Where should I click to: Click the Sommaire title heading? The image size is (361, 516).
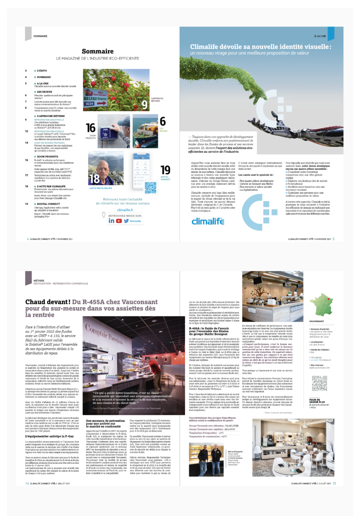click(x=98, y=51)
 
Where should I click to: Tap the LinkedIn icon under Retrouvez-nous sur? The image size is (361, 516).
click(x=111, y=221)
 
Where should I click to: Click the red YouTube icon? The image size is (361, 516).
click(x=119, y=221)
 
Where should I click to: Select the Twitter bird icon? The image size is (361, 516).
click(x=126, y=221)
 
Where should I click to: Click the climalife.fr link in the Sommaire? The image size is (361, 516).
click(x=125, y=210)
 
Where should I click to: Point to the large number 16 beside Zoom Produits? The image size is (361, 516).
click(x=91, y=128)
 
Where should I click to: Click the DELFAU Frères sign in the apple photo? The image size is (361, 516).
click(x=95, y=99)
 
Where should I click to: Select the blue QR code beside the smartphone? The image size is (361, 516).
click(x=150, y=187)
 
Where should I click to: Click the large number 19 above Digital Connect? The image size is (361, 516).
click(x=165, y=170)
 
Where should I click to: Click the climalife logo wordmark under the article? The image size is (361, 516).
click(x=208, y=221)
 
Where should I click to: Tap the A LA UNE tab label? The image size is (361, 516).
click(x=320, y=36)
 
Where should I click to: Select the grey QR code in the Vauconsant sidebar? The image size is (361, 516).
click(x=319, y=383)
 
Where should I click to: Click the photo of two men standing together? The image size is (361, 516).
click(x=206, y=459)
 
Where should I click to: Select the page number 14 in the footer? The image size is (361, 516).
click(x=27, y=483)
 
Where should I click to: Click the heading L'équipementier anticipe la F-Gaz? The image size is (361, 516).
click(x=49, y=436)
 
